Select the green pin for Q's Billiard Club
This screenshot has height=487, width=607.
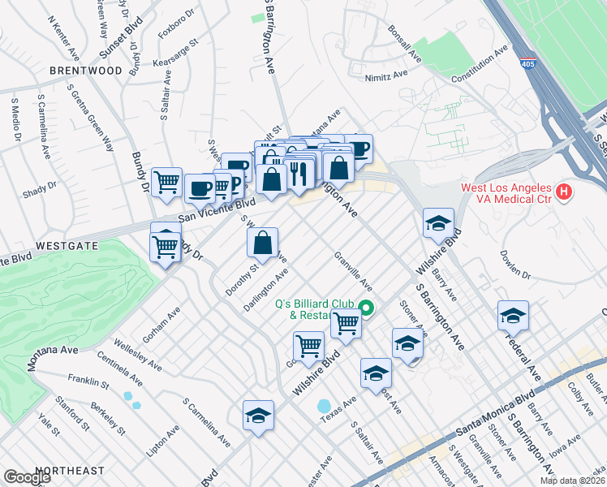(366, 308)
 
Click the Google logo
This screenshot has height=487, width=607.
(27, 477)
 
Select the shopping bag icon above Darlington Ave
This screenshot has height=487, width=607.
(263, 243)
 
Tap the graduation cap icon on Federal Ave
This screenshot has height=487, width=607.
(513, 316)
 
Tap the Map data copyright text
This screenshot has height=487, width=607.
(571, 480)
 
